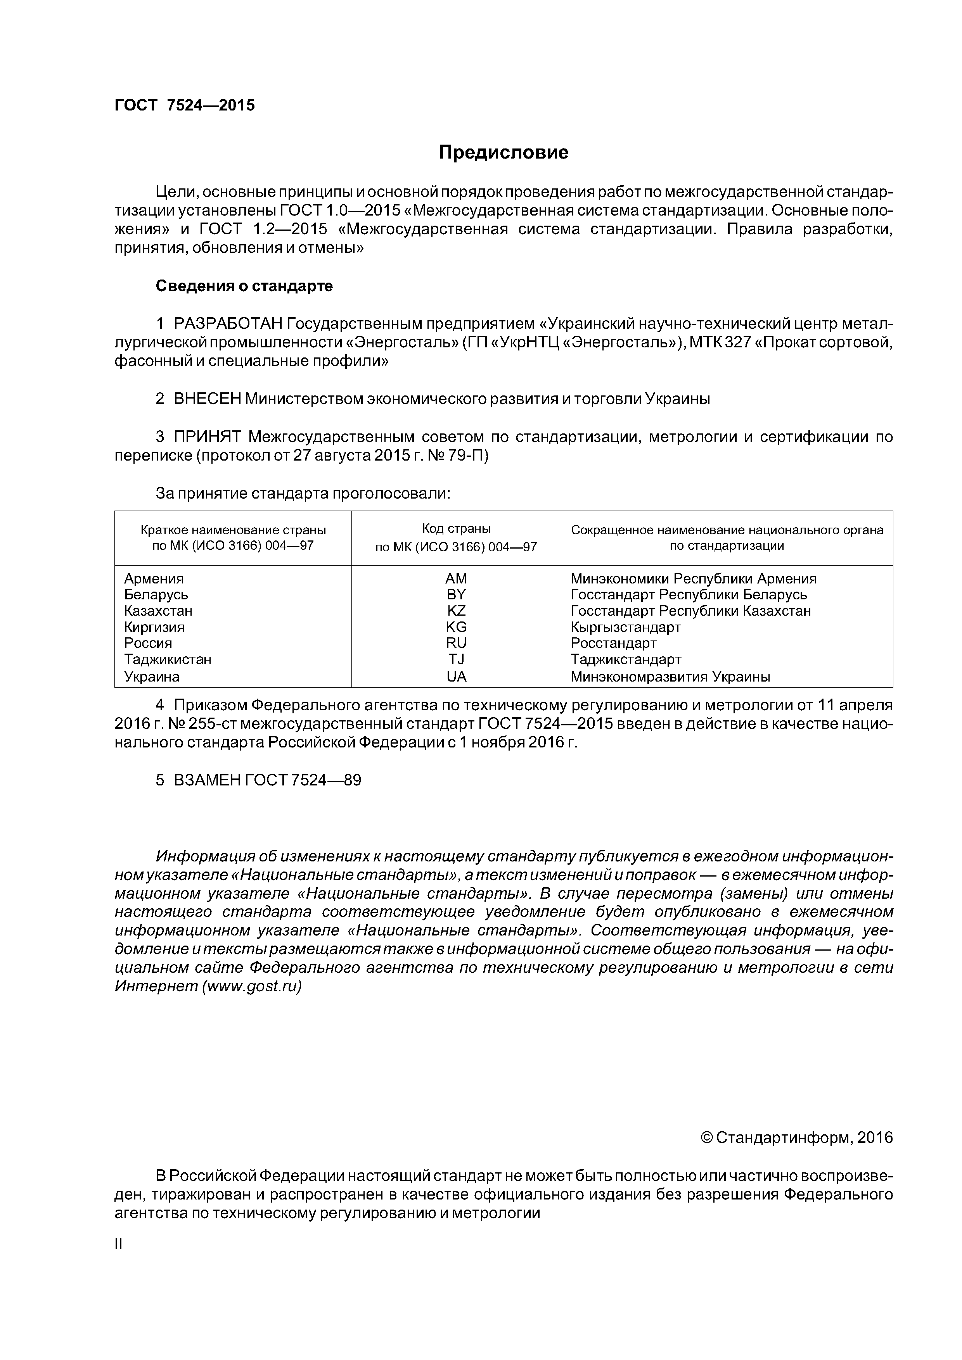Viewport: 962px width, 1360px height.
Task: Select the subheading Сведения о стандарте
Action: pos(244,286)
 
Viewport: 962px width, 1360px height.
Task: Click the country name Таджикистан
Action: pos(168,659)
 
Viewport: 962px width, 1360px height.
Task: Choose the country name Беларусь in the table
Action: pos(156,595)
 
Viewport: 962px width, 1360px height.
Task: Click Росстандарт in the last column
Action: pos(614,643)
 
